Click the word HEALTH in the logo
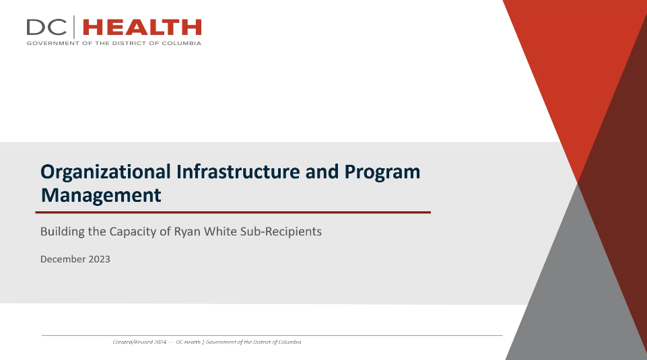[x=142, y=27]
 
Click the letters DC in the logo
[x=46, y=27]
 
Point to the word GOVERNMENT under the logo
[x=53, y=43]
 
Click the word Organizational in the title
[x=106, y=172]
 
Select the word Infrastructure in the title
[x=238, y=172]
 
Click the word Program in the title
[x=382, y=172]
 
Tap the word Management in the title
[x=101, y=195]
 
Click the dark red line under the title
[x=233, y=213]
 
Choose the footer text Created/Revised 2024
[x=139, y=342]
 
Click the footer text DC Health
[x=188, y=342]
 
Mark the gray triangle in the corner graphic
[x=578, y=289]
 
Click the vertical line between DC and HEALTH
[x=74, y=27]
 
